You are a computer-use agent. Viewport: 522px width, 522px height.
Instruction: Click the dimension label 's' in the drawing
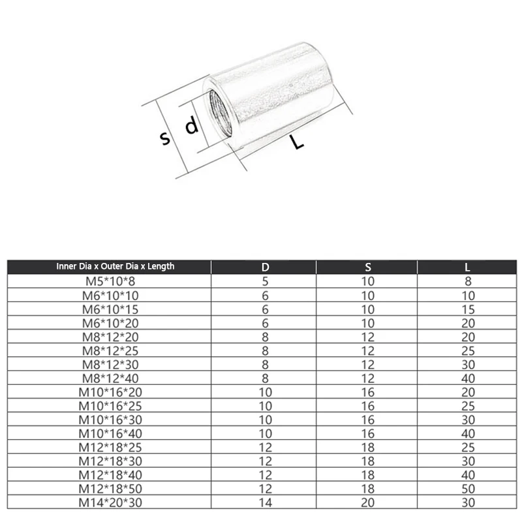166,138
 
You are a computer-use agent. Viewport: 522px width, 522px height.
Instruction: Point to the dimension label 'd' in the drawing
191,125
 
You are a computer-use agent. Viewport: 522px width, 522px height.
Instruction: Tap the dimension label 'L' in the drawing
298,142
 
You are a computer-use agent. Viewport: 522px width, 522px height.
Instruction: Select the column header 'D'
265,267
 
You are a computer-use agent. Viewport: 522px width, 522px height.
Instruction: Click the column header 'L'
468,267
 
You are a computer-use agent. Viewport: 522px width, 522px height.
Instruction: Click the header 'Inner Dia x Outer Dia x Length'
115,266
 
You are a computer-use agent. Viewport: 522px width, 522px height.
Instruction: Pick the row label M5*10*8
110,282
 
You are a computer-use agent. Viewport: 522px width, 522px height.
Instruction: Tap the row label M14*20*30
110,502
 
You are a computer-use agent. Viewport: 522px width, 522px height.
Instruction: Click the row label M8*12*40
110,378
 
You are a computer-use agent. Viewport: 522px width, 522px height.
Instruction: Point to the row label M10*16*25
110,406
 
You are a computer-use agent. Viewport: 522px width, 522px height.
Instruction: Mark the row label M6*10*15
110,309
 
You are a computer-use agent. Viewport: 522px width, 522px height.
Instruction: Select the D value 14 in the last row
265,502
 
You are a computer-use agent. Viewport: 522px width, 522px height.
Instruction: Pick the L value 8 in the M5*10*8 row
468,282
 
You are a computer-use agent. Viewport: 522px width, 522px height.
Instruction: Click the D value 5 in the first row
265,282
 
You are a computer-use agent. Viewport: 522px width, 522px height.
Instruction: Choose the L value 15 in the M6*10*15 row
468,309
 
